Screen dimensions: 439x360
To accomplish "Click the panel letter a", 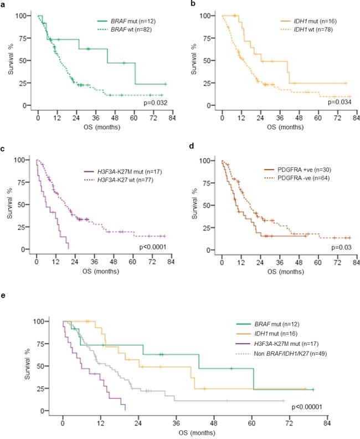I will pyautogui.click(x=4, y=4).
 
